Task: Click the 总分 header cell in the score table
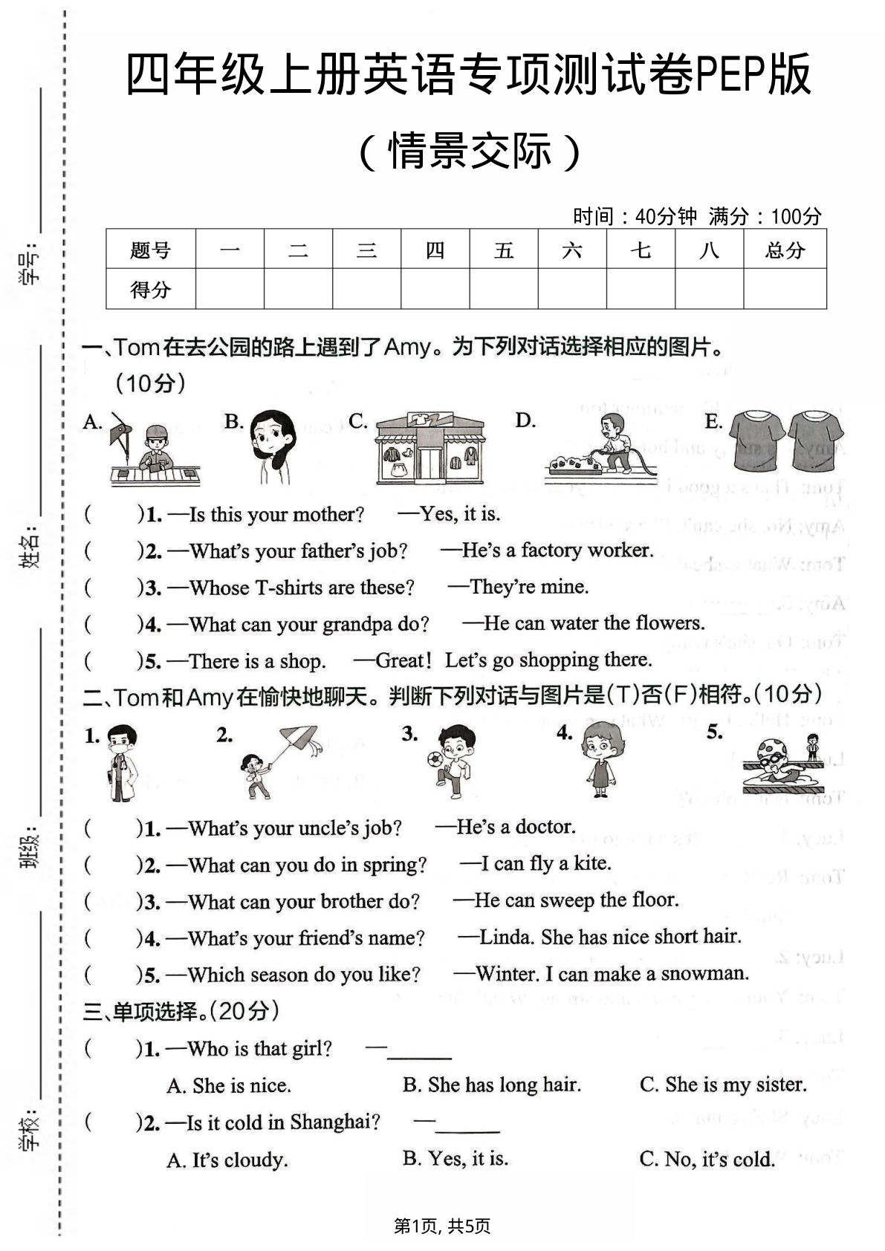coord(785,250)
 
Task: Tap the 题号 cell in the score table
coord(151,250)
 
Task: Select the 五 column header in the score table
coord(503,250)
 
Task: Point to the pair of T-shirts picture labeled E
coord(786,441)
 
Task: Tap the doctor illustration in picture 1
coord(121,763)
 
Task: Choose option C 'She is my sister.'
coord(722,1085)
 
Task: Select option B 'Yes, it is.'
coord(456,1158)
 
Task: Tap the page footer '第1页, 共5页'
coord(442,1226)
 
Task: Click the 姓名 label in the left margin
coord(30,550)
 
